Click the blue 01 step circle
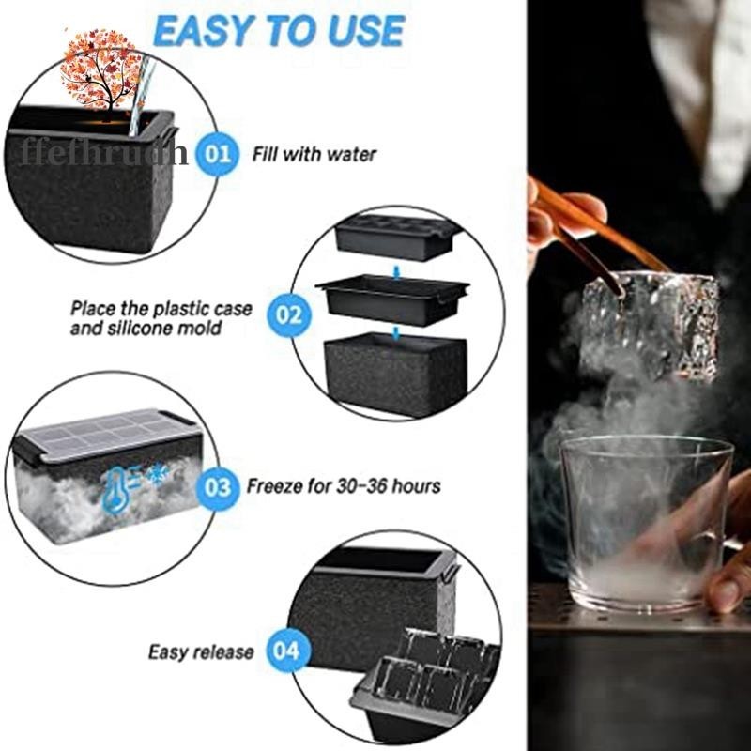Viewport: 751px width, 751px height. pos(218,154)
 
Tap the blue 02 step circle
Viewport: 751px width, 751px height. pos(289,315)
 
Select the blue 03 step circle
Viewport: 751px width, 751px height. pos(218,487)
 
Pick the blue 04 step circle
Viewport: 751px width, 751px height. pos(288,651)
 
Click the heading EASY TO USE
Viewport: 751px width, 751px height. pos(279,31)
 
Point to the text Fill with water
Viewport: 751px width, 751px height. pos(314,155)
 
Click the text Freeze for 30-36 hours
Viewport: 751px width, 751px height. pos(344,486)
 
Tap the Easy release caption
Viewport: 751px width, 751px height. pos(201,652)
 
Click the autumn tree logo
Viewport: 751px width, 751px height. pos(99,69)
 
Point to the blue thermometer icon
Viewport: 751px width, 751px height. pos(112,490)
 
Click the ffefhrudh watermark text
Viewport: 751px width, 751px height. pos(104,153)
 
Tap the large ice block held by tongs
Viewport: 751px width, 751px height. pos(650,327)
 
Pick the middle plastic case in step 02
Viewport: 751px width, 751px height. pos(392,299)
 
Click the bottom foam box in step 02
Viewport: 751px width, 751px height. pos(394,374)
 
